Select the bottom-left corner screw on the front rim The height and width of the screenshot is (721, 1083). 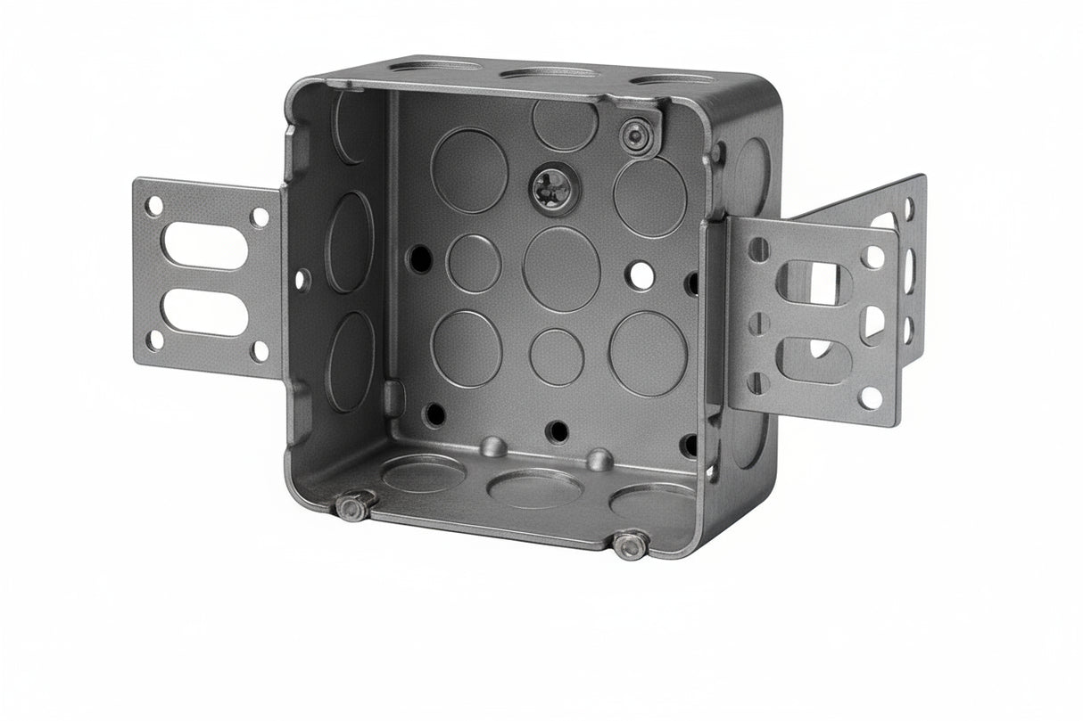pyautogui.click(x=352, y=508)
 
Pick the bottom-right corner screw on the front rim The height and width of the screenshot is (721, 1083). pyautogui.click(x=631, y=545)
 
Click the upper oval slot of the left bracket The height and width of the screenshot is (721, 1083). pyautogui.click(x=203, y=245)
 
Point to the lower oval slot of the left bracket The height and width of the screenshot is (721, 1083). pyautogui.click(x=203, y=313)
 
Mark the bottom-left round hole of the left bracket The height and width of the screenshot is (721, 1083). pyautogui.click(x=155, y=340)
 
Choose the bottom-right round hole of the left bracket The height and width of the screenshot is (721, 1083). pyautogui.click(x=259, y=350)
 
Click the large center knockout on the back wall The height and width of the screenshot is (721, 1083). pyautogui.click(x=561, y=268)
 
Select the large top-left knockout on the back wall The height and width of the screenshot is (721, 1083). pyautogui.click(x=469, y=170)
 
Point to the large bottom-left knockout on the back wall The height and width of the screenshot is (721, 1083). pyautogui.click(x=467, y=348)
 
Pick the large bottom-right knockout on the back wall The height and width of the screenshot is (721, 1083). pyautogui.click(x=649, y=353)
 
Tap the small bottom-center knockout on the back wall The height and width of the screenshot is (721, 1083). pyautogui.click(x=557, y=356)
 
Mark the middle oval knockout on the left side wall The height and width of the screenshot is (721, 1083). pyautogui.click(x=349, y=241)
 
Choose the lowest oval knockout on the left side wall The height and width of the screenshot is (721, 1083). pyautogui.click(x=351, y=361)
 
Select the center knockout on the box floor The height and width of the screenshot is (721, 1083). pyautogui.click(x=535, y=488)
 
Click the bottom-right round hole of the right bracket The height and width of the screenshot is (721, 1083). pyautogui.click(x=871, y=397)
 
